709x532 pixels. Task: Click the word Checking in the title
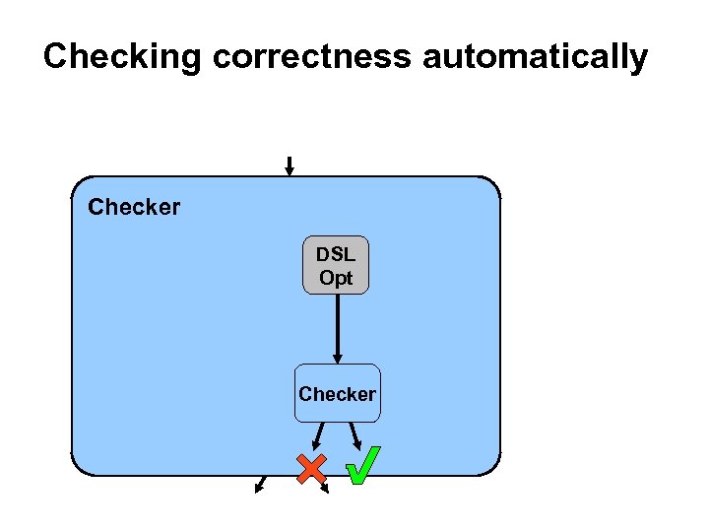pos(122,57)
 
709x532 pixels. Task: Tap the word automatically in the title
pos(535,57)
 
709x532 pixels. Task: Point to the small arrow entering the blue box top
pos(289,166)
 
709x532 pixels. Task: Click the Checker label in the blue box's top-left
pos(134,208)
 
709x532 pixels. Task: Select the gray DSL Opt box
pos(336,265)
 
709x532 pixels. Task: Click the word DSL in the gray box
pos(336,254)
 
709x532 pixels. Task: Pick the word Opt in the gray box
pos(336,278)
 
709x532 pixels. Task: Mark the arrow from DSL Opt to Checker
pos(337,329)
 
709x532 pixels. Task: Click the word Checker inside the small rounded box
pos(337,394)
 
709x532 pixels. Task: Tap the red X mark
pos(312,469)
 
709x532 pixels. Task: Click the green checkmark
pos(362,466)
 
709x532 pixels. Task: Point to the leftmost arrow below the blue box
pos(261,484)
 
